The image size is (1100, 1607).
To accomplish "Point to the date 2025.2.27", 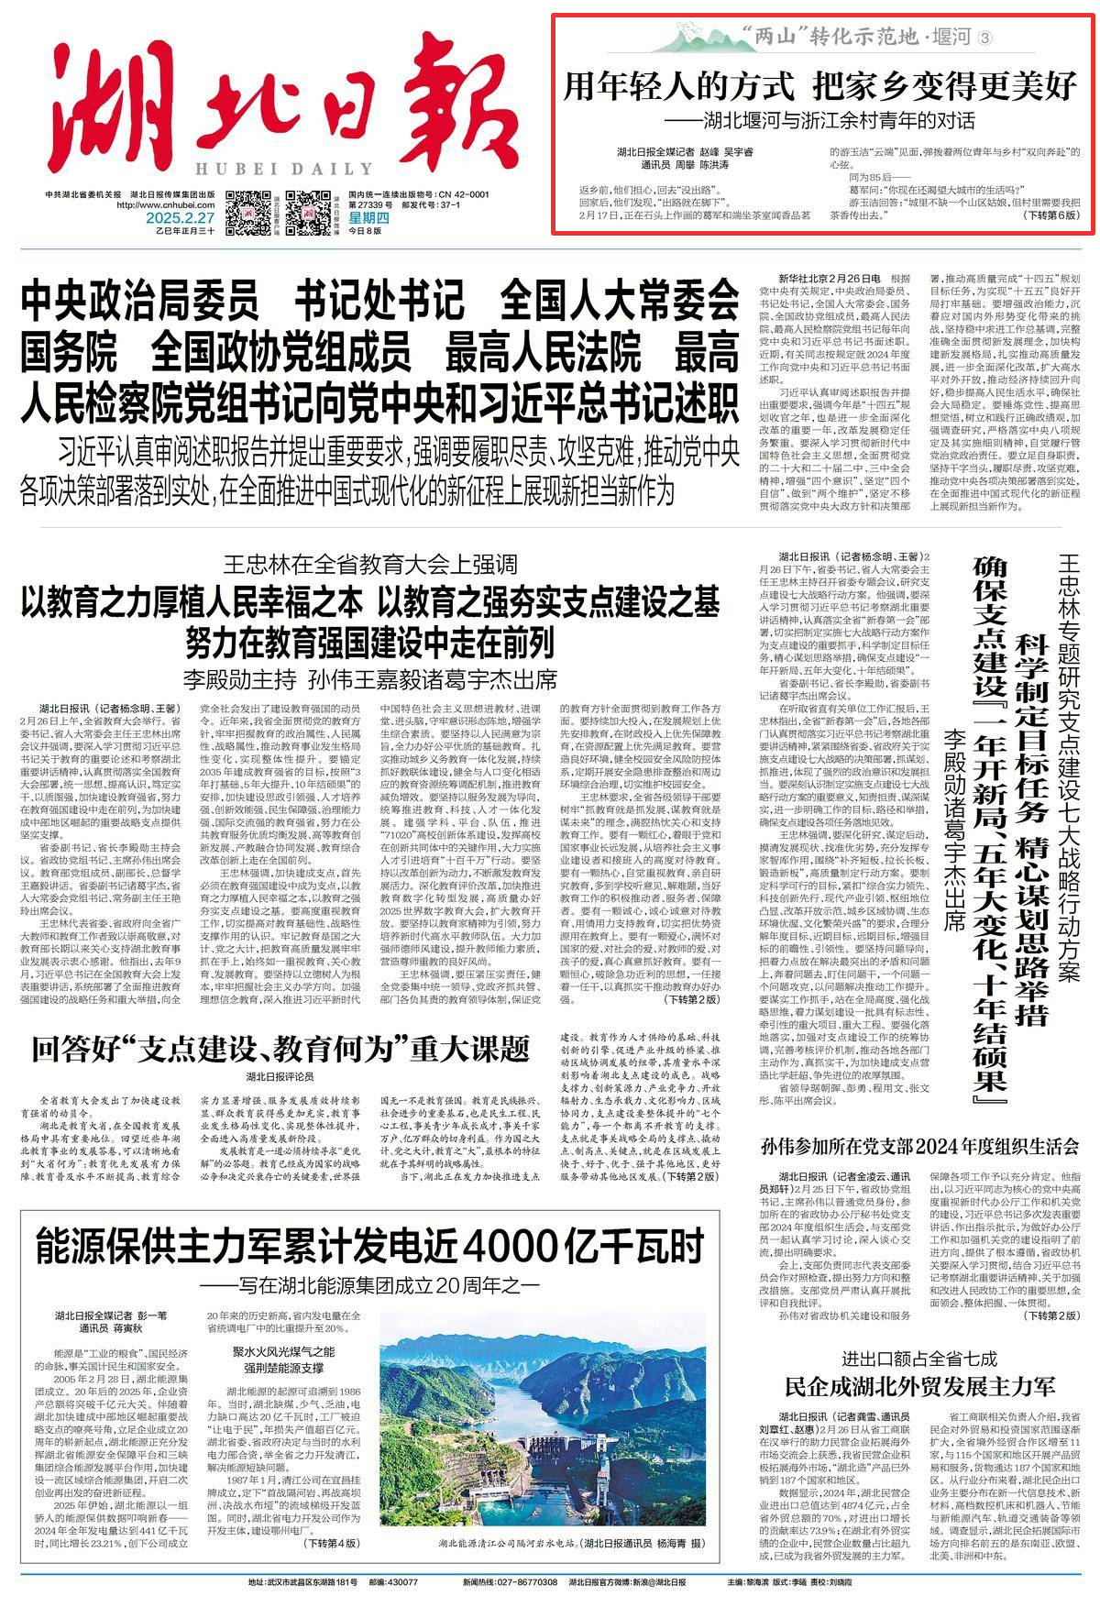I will coord(179,218).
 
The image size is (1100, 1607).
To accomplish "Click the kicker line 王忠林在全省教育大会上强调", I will coord(374,564).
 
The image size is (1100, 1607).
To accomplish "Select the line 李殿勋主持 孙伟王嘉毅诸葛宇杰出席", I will coord(370,680).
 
